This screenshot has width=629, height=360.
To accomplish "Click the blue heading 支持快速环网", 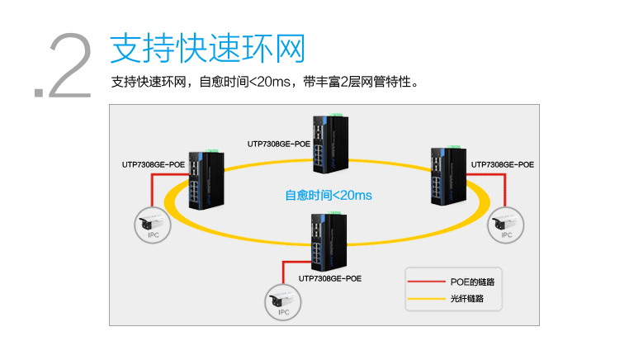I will point(207,49).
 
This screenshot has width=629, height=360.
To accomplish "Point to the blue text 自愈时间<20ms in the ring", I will point(329,196).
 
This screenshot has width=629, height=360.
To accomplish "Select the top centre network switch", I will point(329,145).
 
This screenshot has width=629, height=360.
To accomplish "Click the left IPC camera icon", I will point(153,223).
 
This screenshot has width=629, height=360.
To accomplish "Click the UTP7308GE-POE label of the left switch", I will point(154,165).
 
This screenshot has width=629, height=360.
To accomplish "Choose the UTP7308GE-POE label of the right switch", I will point(502,165).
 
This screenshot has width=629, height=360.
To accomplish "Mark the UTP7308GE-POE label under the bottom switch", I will point(330,279).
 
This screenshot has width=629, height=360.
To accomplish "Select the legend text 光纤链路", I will point(467,298).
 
